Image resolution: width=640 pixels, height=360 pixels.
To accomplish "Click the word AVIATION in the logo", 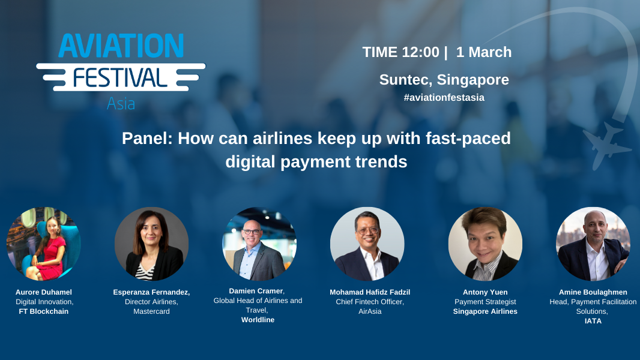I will [x=121, y=46].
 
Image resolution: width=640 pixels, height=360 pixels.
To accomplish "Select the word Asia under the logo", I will [x=121, y=104].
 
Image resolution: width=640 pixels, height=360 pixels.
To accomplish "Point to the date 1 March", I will [x=484, y=52].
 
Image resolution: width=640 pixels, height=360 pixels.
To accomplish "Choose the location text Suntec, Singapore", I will [x=444, y=80].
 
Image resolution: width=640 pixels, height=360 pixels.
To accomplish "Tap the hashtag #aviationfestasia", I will [x=444, y=97].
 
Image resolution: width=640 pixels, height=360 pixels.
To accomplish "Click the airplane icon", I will [x=603, y=144].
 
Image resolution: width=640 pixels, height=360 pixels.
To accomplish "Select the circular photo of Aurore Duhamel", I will [x=44, y=244].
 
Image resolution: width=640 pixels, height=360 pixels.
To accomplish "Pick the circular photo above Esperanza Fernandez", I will [x=151, y=244].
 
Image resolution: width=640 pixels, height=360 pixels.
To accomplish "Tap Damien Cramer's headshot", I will [x=259, y=244].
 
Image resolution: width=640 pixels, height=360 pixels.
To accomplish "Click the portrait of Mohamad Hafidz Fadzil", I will [x=367, y=244].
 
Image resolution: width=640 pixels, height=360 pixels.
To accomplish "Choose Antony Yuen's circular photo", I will [x=485, y=244].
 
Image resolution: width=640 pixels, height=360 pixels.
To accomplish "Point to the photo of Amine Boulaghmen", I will [x=593, y=244].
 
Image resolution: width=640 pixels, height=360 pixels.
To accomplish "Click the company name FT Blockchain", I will [x=44, y=311].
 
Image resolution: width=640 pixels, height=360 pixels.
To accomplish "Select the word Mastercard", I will [x=151, y=311].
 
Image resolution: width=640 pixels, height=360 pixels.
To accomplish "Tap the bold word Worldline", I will [x=258, y=320].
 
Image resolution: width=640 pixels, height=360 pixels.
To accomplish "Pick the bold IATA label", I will [x=593, y=321].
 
